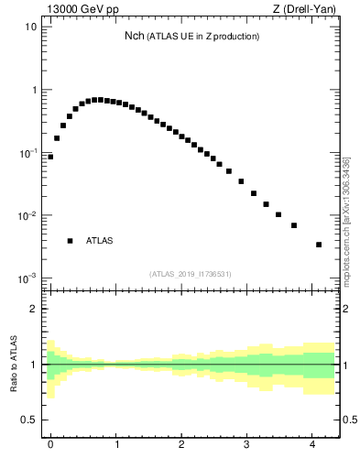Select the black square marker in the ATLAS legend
pyautogui.click(x=70, y=241)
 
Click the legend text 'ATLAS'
pyautogui.click(x=100, y=241)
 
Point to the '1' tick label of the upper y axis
pyautogui.click(x=34, y=90)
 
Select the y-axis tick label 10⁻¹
pyautogui.click(x=28, y=153)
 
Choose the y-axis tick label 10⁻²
pyautogui.click(x=28, y=216)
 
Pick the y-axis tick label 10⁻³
pyautogui.click(x=28, y=278)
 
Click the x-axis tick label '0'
pyautogui.click(x=50, y=446)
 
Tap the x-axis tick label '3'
pyautogui.click(x=247, y=446)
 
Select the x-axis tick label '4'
pyautogui.click(x=312, y=446)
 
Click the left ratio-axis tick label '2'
pyautogui.click(x=34, y=309)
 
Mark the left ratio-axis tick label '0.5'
pyautogui.click(x=29, y=420)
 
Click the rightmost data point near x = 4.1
pyautogui.click(x=318, y=245)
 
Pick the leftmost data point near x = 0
pyautogui.click(x=50, y=157)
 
